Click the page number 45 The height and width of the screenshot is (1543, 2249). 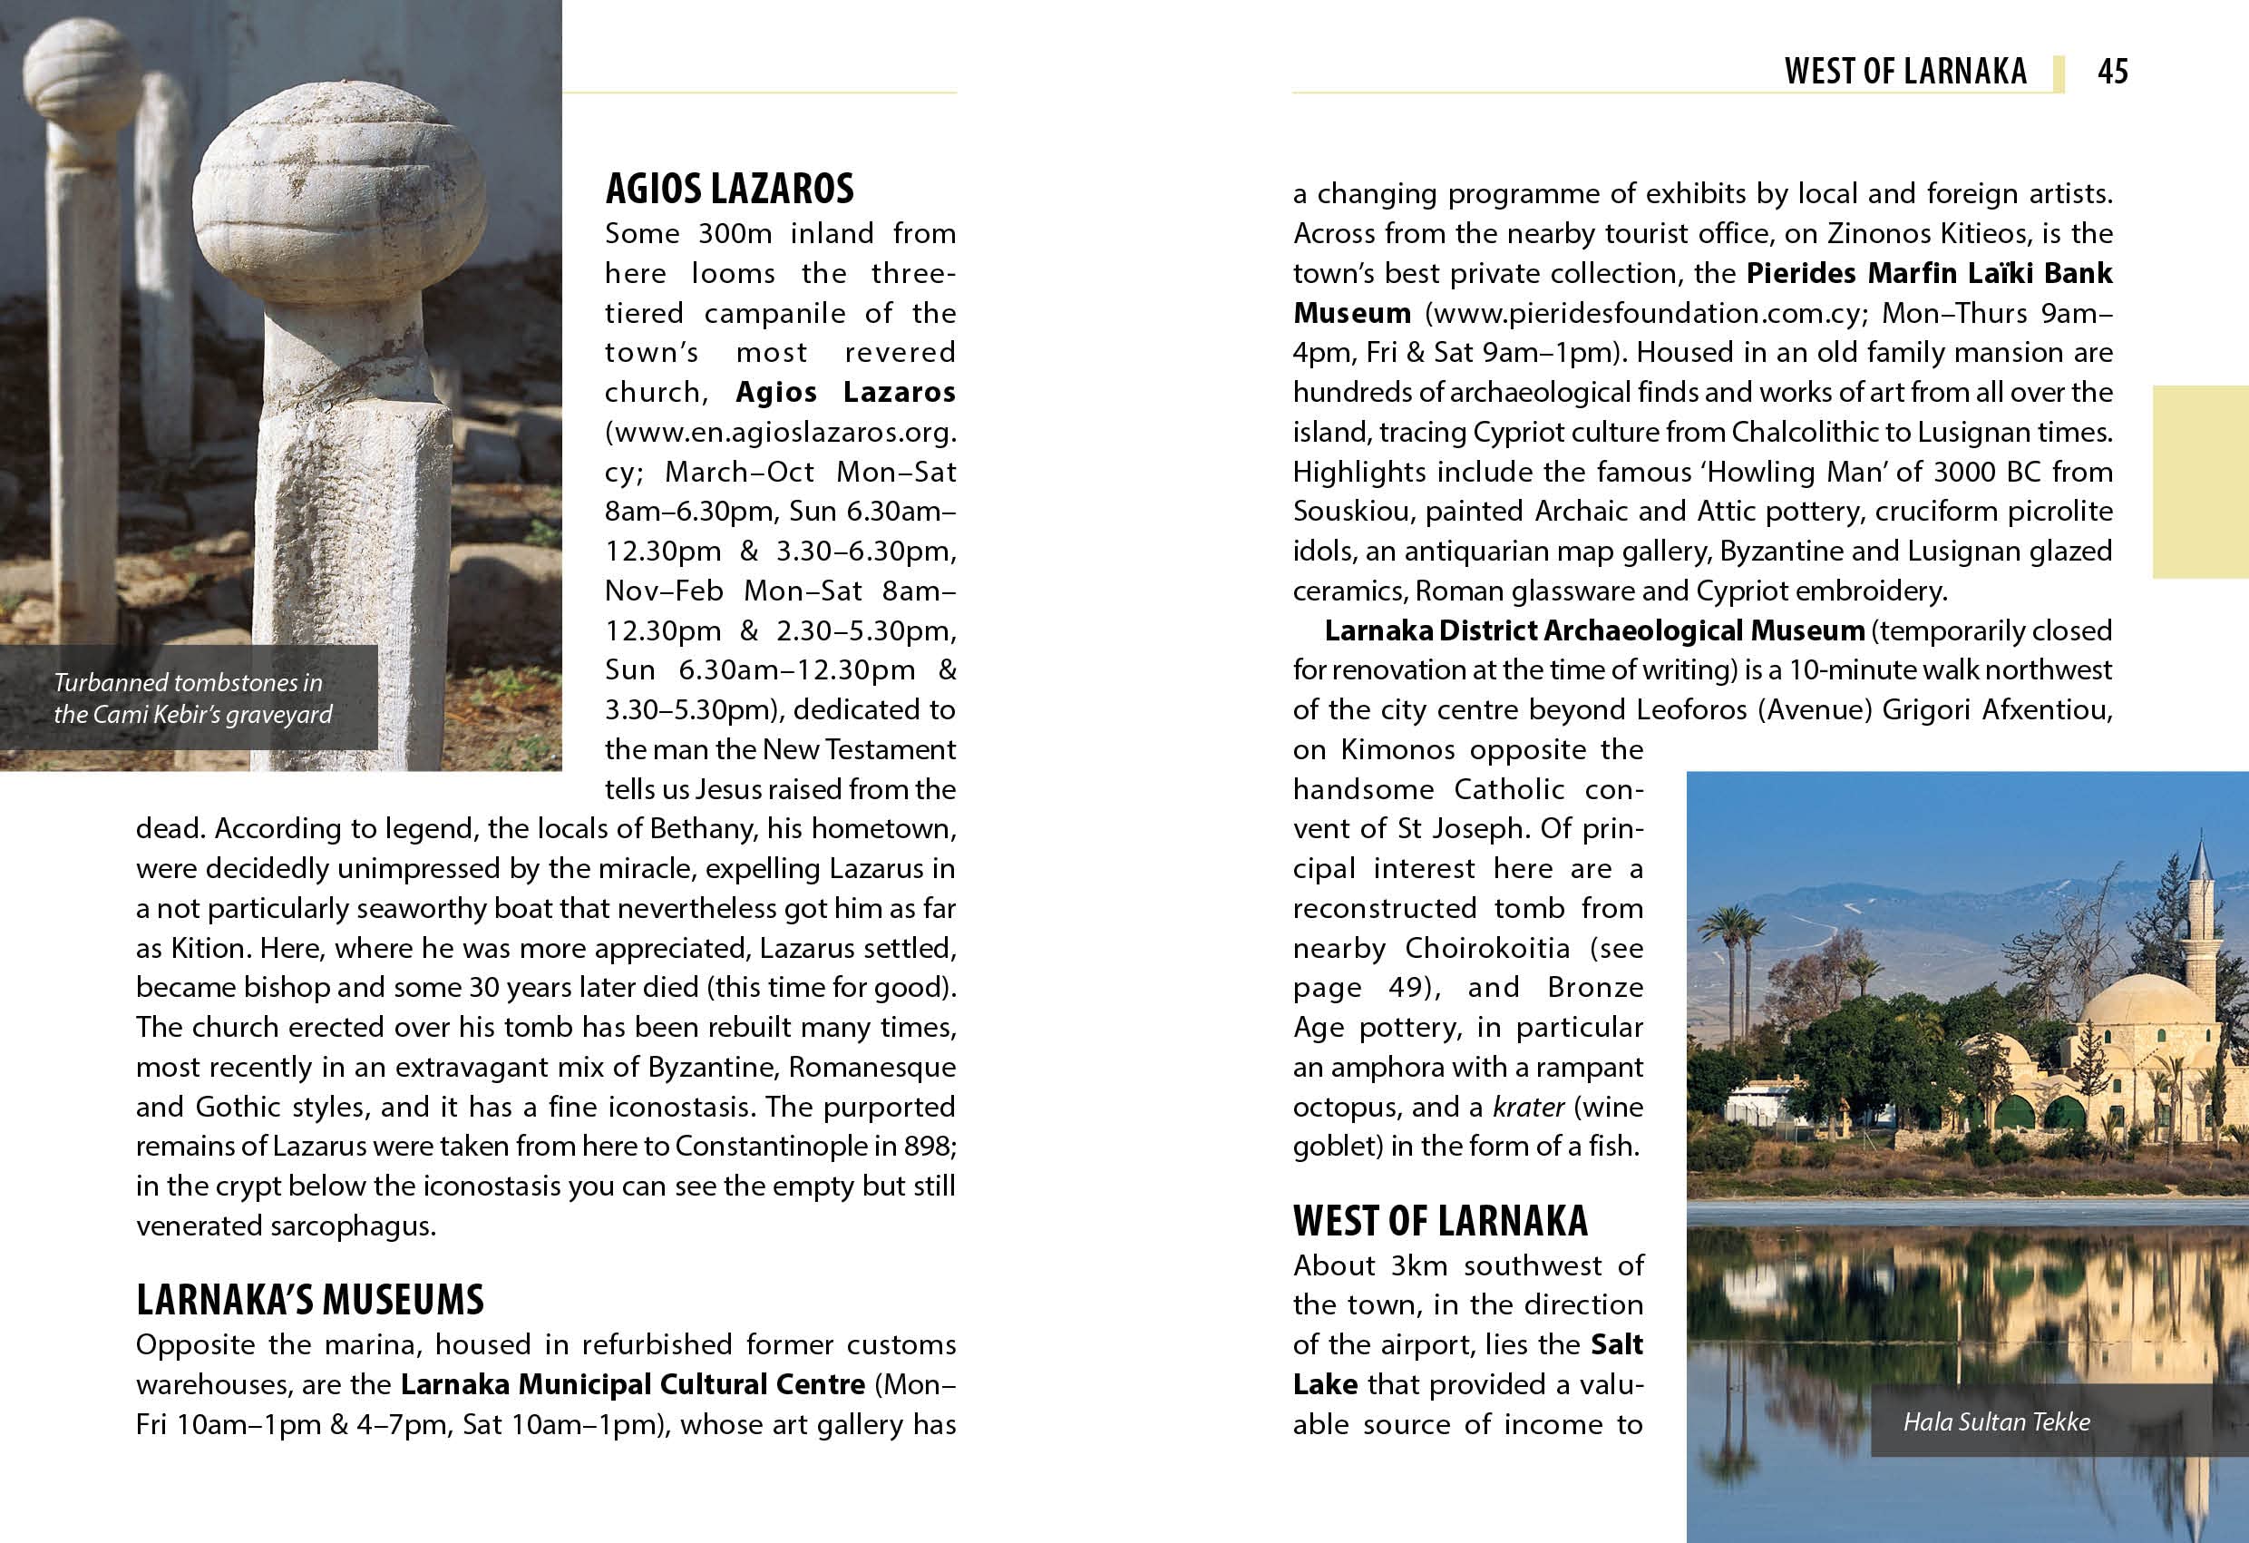(x=2113, y=72)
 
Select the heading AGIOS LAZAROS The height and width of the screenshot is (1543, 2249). (x=730, y=189)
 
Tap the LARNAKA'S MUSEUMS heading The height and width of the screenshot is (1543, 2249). (x=309, y=1300)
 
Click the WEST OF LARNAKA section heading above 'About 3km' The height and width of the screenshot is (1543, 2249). (x=1440, y=1222)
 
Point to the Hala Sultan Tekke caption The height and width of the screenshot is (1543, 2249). (x=1996, y=1422)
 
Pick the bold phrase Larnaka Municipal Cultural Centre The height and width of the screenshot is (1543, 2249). (x=632, y=1385)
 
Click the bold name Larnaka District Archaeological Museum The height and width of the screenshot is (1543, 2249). (x=1594, y=631)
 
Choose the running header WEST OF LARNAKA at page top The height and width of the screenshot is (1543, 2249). (x=1905, y=72)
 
